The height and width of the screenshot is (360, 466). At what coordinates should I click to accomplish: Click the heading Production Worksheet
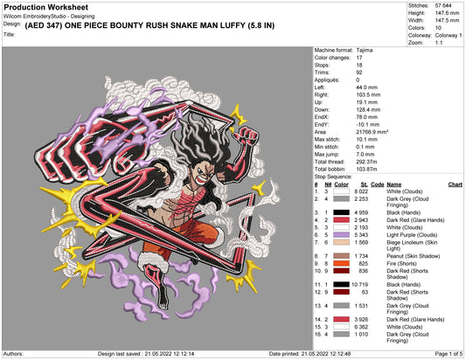(x=46, y=7)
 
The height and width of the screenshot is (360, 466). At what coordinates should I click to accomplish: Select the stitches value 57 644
(x=443, y=5)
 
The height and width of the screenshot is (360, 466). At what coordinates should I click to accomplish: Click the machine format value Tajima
(x=365, y=50)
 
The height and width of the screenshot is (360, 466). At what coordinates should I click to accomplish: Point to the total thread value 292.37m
(x=366, y=162)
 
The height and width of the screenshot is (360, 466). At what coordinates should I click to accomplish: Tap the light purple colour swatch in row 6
(x=341, y=235)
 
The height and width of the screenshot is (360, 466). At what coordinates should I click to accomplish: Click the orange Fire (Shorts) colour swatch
(x=341, y=264)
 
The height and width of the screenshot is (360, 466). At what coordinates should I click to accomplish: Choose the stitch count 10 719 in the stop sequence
(x=359, y=285)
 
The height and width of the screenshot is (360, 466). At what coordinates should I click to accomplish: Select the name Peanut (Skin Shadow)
(x=413, y=256)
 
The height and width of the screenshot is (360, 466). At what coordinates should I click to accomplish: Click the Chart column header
(x=455, y=184)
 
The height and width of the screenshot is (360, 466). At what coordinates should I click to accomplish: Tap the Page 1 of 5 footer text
(x=449, y=354)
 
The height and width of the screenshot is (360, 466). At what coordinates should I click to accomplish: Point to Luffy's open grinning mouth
(x=202, y=179)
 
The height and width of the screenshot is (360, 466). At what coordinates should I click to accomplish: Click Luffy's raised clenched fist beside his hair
(x=246, y=135)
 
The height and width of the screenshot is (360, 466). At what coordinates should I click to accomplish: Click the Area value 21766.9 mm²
(x=372, y=132)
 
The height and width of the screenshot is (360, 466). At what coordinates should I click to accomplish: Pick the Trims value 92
(x=359, y=73)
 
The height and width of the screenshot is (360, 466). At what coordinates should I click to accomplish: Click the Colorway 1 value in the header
(x=449, y=35)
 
